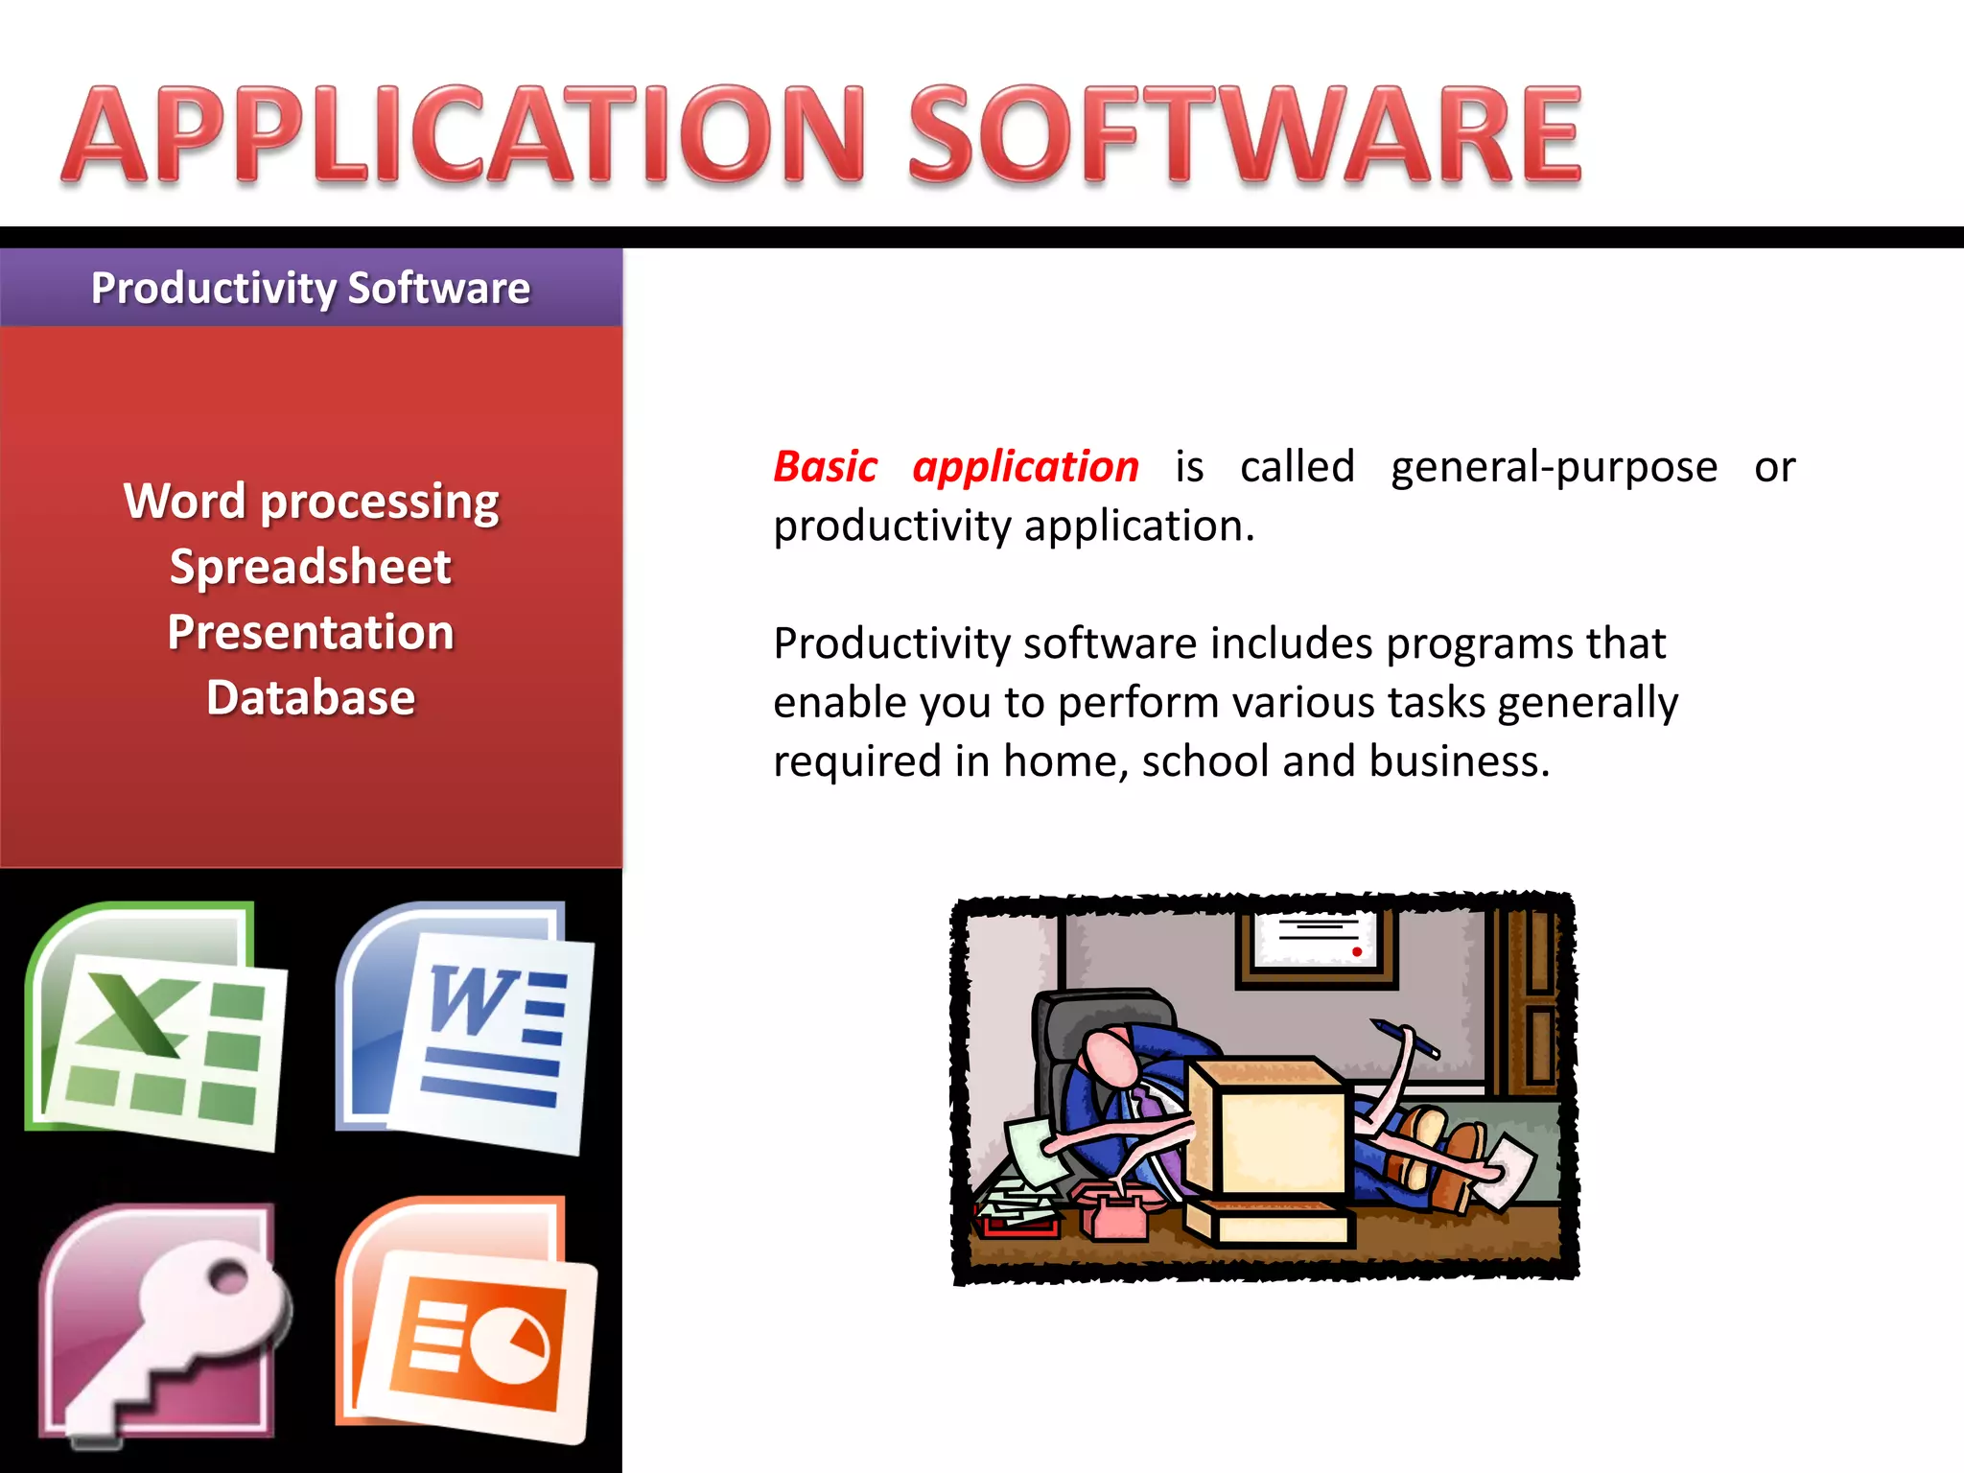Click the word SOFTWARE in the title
point(1244,134)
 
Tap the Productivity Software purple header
point(311,288)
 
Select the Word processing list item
point(311,502)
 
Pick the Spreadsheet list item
point(311,567)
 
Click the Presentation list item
point(311,632)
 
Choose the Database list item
point(311,697)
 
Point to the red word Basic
point(825,467)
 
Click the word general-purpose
point(1554,467)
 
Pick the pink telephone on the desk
point(1112,1210)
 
